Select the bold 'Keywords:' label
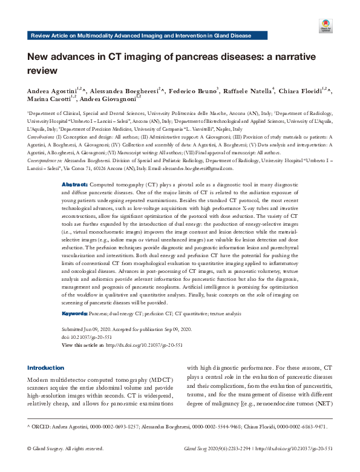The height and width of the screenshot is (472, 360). [75, 313]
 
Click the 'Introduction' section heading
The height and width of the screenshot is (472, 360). [46, 367]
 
